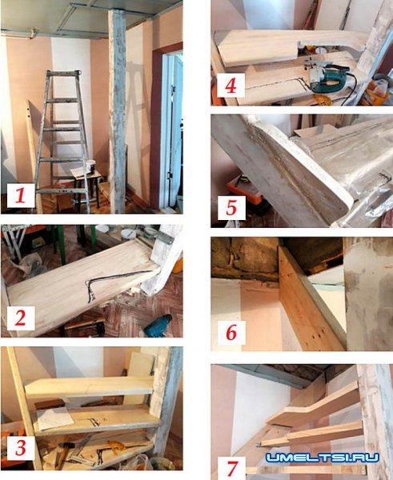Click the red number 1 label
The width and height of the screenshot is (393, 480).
click(20, 195)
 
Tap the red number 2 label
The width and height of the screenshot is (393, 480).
click(20, 318)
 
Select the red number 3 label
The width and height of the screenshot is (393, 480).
click(21, 447)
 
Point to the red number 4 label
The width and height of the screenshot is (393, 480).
click(231, 86)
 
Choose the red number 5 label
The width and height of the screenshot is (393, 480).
click(231, 207)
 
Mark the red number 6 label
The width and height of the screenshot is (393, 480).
click(231, 333)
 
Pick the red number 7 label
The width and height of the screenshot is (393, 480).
click(232, 469)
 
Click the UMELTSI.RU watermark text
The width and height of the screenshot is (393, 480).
click(323, 458)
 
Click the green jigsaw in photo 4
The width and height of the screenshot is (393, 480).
click(327, 77)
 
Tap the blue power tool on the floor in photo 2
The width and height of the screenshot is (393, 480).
click(158, 326)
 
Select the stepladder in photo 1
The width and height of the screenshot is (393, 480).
click(62, 141)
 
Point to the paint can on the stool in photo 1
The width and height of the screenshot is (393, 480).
click(90, 167)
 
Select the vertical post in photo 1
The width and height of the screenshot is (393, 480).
click(117, 110)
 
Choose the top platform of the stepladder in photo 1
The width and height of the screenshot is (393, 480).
click(64, 73)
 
